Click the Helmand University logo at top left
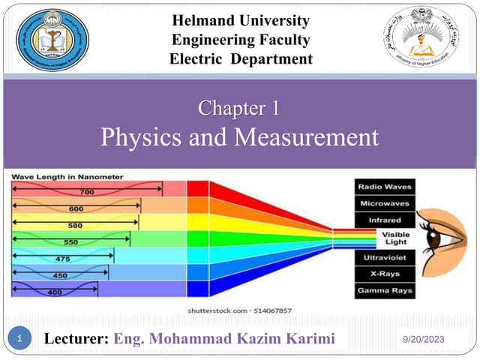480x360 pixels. [x=52, y=40]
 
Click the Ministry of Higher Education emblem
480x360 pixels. [x=424, y=40]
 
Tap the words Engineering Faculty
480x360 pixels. [x=240, y=40]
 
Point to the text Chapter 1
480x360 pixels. [x=239, y=109]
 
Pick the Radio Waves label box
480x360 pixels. [x=385, y=187]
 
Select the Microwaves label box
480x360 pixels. [x=385, y=203]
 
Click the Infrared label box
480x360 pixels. [x=385, y=220]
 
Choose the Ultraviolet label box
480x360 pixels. [x=385, y=256]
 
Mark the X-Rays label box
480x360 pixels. [x=385, y=273]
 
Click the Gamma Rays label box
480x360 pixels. [x=385, y=290]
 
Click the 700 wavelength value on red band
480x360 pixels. [x=87, y=193]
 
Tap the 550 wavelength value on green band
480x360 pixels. [x=70, y=243]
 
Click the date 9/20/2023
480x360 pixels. [x=424, y=340]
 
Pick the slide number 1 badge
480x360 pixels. [x=22, y=340]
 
